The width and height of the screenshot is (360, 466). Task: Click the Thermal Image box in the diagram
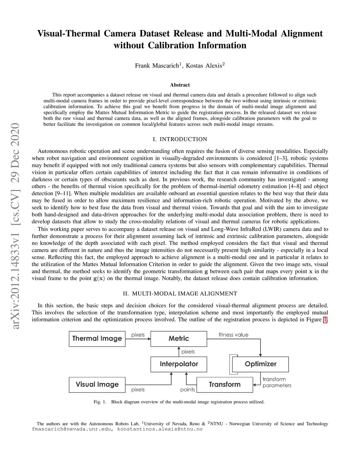(97, 339)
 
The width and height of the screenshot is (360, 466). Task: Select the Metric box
(179, 339)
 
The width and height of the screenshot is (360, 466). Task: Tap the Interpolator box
(179, 364)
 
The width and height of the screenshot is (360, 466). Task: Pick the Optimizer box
(261, 364)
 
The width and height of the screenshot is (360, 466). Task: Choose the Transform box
(225, 384)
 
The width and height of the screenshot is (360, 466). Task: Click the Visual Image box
(97, 384)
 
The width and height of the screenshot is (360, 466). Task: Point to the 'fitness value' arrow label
(233, 335)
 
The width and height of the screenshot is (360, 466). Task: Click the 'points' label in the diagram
(188, 390)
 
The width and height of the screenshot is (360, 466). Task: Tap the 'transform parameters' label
(277, 382)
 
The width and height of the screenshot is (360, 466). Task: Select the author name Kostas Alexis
(204, 66)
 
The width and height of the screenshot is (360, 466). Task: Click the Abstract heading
(180, 85)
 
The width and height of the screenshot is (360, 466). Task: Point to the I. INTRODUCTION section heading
(180, 139)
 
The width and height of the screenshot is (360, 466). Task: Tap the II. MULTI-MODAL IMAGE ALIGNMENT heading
(180, 294)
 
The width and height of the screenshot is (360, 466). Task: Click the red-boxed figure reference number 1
(325, 320)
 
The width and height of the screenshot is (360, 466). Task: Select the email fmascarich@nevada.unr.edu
(72, 429)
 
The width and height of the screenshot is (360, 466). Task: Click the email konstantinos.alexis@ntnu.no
(160, 429)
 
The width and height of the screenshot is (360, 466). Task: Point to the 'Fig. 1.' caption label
(100, 402)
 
